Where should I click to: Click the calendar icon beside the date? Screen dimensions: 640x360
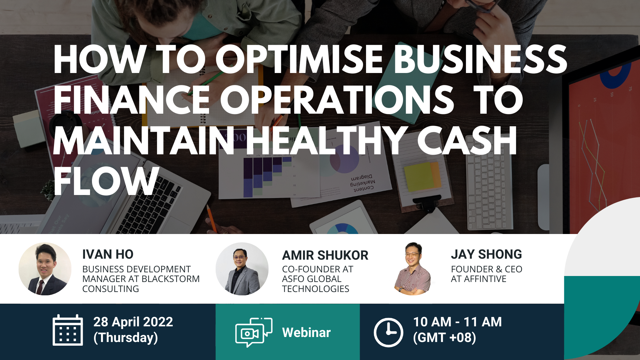68,330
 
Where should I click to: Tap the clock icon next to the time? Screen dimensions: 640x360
388,332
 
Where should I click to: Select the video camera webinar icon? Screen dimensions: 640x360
254,332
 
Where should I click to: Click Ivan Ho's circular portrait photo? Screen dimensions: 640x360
45,269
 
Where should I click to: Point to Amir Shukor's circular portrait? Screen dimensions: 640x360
242,269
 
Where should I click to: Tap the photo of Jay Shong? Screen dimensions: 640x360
413,269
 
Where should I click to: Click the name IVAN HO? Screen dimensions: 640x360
108,254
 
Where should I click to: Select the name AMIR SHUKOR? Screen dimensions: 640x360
325,255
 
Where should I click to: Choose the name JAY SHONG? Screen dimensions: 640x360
486,254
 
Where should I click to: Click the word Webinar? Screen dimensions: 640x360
306,332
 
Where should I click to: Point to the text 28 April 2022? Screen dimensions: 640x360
133,322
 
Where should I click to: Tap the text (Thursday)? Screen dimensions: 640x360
126,338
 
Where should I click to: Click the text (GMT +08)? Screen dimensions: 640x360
444,338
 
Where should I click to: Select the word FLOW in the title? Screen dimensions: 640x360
106,181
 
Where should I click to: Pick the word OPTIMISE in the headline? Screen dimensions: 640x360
299,59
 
